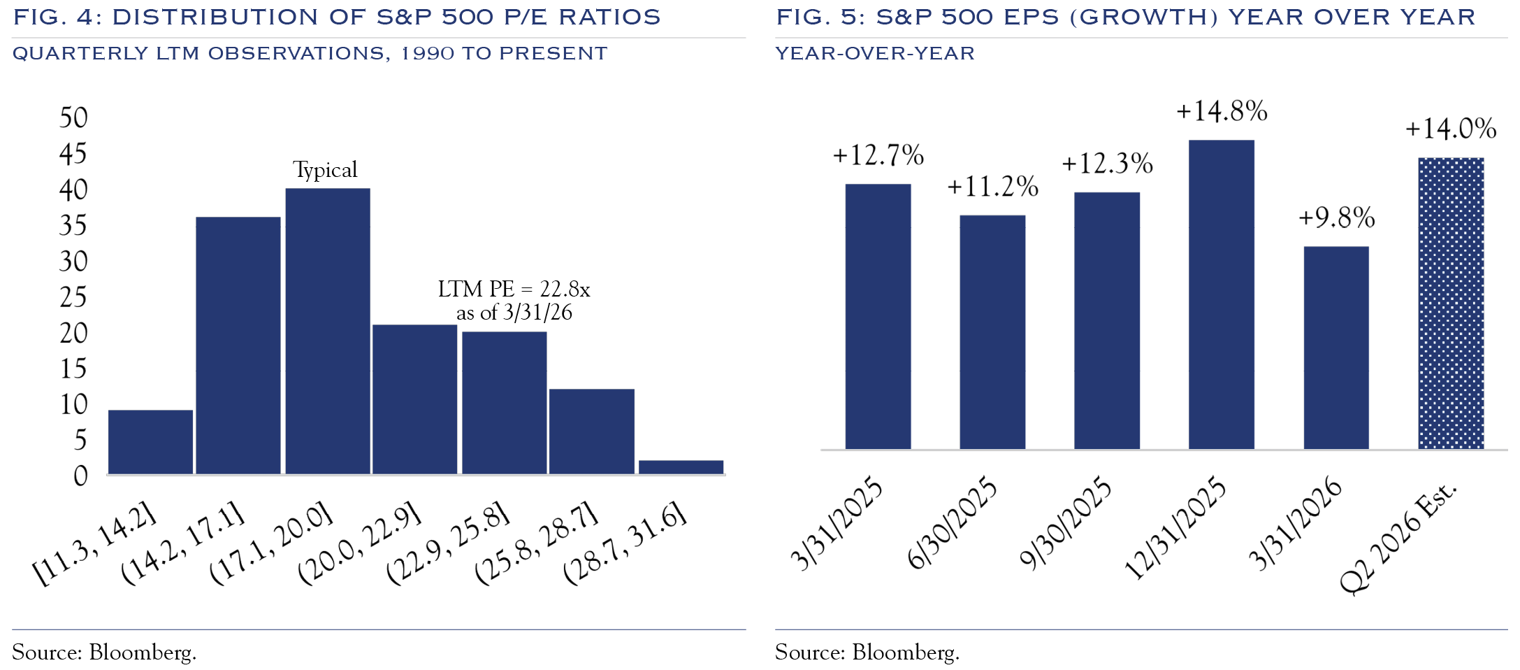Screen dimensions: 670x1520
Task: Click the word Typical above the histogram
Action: tap(325, 170)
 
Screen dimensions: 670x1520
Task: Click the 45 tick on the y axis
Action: tap(73, 154)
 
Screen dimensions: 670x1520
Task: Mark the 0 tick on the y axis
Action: tap(80, 476)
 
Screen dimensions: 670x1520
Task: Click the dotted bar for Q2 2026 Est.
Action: tap(1450, 303)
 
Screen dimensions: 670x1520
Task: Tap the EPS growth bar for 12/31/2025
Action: tap(1221, 294)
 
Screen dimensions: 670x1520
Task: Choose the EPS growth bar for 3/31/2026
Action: tap(1336, 348)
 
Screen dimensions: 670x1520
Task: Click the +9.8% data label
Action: tap(1336, 218)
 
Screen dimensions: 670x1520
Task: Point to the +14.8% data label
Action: tap(1222, 111)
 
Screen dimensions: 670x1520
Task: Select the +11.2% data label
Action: tap(992, 187)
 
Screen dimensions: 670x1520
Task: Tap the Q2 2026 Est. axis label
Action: tap(1398, 537)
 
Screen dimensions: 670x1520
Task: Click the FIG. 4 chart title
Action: tap(337, 17)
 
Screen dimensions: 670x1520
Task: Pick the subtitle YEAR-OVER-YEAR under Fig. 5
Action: tap(874, 53)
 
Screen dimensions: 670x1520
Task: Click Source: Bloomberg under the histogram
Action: tap(104, 652)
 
